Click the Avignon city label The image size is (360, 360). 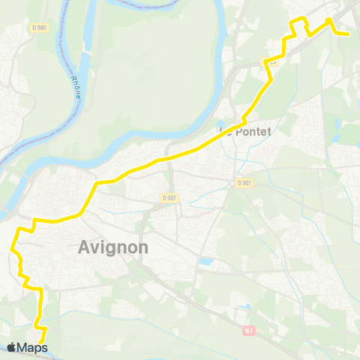(113, 247)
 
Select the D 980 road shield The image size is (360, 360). (40, 28)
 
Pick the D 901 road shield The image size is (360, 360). (243, 182)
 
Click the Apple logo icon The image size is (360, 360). (12, 347)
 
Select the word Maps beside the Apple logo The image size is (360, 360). (33, 347)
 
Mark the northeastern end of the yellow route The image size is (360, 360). (349, 34)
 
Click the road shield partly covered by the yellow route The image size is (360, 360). (271, 62)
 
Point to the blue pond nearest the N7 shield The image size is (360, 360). (245, 307)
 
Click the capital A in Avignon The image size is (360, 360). (85, 247)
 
